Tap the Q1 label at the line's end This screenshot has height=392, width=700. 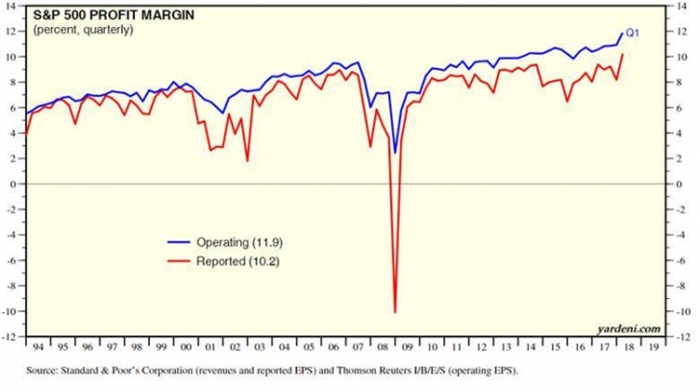pyautogui.click(x=633, y=33)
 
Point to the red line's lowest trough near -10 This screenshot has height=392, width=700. pyautogui.click(x=394, y=311)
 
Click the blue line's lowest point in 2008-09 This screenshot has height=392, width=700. pyautogui.click(x=394, y=152)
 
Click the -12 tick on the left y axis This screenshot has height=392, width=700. pyautogui.click(x=12, y=337)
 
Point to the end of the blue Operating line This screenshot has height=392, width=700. pyautogui.click(x=622, y=33)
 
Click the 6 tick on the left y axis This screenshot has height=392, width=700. pyautogui.click(x=15, y=107)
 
